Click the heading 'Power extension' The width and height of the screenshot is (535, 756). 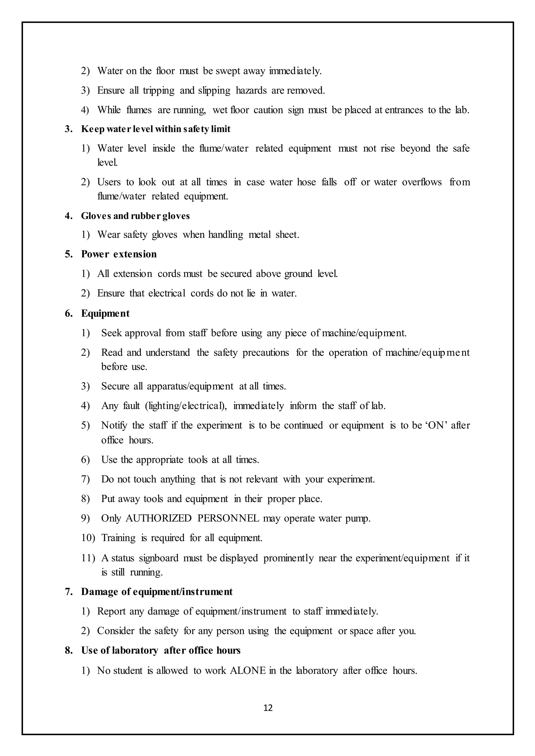tap(119, 254)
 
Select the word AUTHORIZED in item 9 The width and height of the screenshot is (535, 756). tap(159, 518)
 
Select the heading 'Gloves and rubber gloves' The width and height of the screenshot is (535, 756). tap(135, 216)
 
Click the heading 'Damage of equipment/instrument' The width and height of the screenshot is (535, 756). tap(157, 592)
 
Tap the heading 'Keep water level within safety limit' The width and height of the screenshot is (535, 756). tap(155, 129)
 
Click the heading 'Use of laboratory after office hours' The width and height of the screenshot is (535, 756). tap(161, 650)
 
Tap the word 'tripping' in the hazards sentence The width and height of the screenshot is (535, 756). tap(159, 90)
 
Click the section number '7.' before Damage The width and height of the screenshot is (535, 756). tap(68, 592)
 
